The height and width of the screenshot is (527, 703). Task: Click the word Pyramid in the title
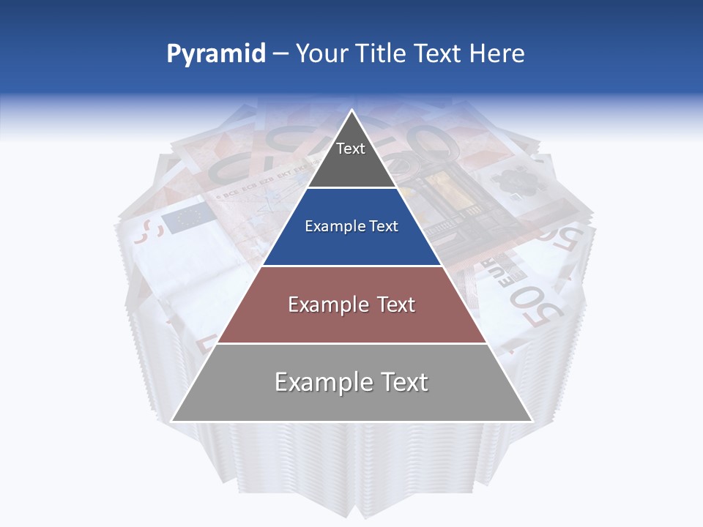click(216, 54)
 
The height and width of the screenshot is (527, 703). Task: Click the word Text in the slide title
click(439, 54)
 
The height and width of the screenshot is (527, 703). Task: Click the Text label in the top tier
click(351, 149)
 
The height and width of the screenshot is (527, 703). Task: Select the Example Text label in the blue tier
click(351, 226)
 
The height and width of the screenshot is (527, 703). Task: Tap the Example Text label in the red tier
click(351, 304)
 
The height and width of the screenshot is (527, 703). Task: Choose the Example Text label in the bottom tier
click(351, 382)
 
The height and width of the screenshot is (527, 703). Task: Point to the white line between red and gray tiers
click(351, 343)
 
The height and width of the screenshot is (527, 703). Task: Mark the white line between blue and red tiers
click(351, 266)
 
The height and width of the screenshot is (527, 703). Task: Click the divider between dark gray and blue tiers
click(351, 188)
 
